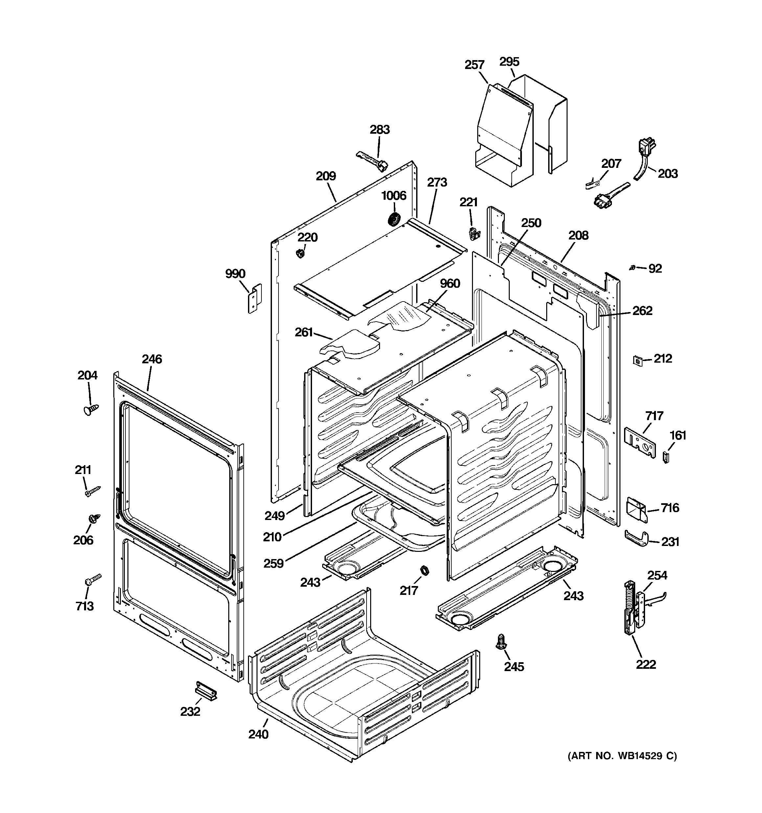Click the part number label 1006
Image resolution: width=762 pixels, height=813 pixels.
click(x=393, y=195)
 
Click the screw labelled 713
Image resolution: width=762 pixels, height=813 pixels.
click(x=93, y=579)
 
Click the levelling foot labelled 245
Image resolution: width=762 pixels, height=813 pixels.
click(x=500, y=643)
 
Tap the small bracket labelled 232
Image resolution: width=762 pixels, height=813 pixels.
click(x=206, y=691)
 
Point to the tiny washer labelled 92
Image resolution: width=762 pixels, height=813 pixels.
click(x=632, y=267)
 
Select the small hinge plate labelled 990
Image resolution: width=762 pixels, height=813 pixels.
click(x=255, y=299)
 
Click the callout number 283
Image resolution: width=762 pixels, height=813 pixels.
click(x=380, y=130)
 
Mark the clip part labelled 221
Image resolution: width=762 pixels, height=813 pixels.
click(x=473, y=234)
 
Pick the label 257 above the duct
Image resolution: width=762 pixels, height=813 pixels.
click(x=475, y=65)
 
